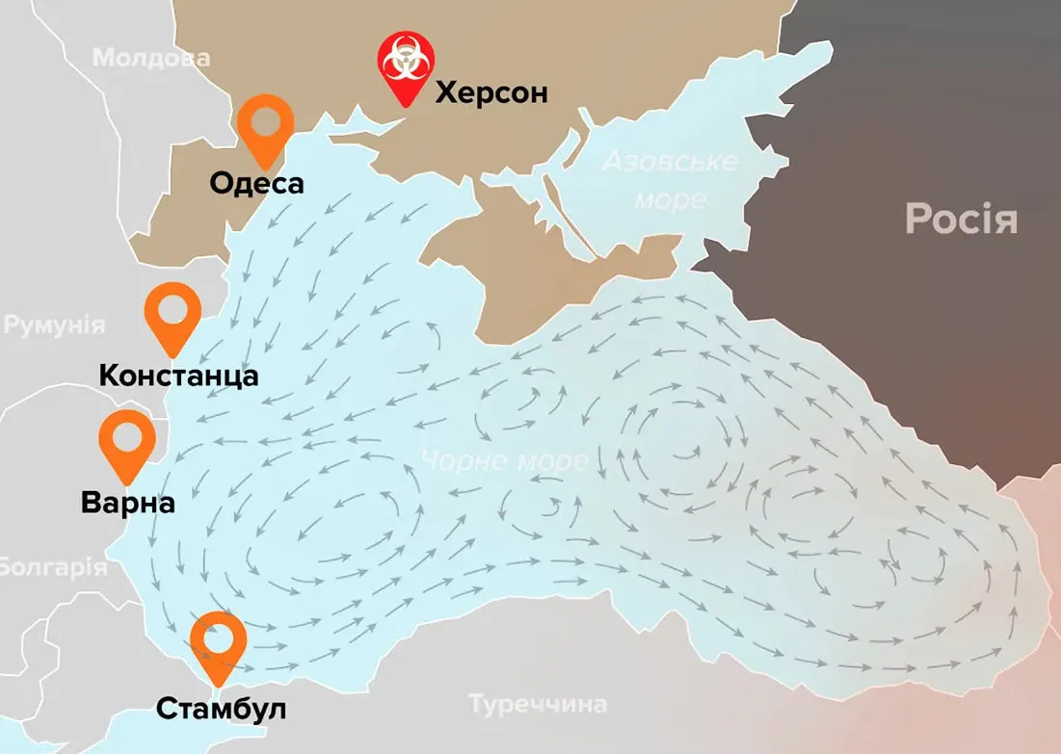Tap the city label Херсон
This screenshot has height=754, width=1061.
[491, 93]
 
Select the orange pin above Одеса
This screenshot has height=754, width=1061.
[266, 129]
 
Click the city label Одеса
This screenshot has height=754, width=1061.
[256, 183]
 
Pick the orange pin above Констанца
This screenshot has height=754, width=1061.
[172, 316]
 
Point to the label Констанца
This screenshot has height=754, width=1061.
[178, 375]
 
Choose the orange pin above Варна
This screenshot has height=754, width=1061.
[127, 444]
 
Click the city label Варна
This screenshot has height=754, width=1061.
[128, 503]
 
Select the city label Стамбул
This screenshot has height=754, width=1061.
[221, 710]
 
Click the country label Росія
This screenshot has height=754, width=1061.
[961, 220]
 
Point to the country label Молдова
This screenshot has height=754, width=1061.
[151, 58]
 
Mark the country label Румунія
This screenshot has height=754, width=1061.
[54, 325]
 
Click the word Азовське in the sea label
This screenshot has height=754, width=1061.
[669, 161]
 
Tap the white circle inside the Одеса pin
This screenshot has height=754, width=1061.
[266, 120]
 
